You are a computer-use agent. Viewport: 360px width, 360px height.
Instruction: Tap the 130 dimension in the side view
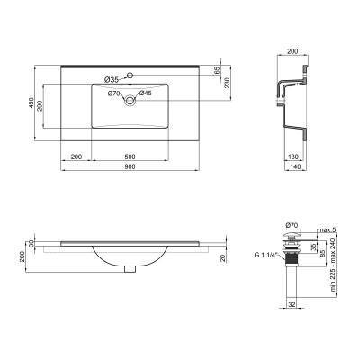[293, 157]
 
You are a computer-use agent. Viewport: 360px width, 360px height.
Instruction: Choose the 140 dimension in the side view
[293, 169]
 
